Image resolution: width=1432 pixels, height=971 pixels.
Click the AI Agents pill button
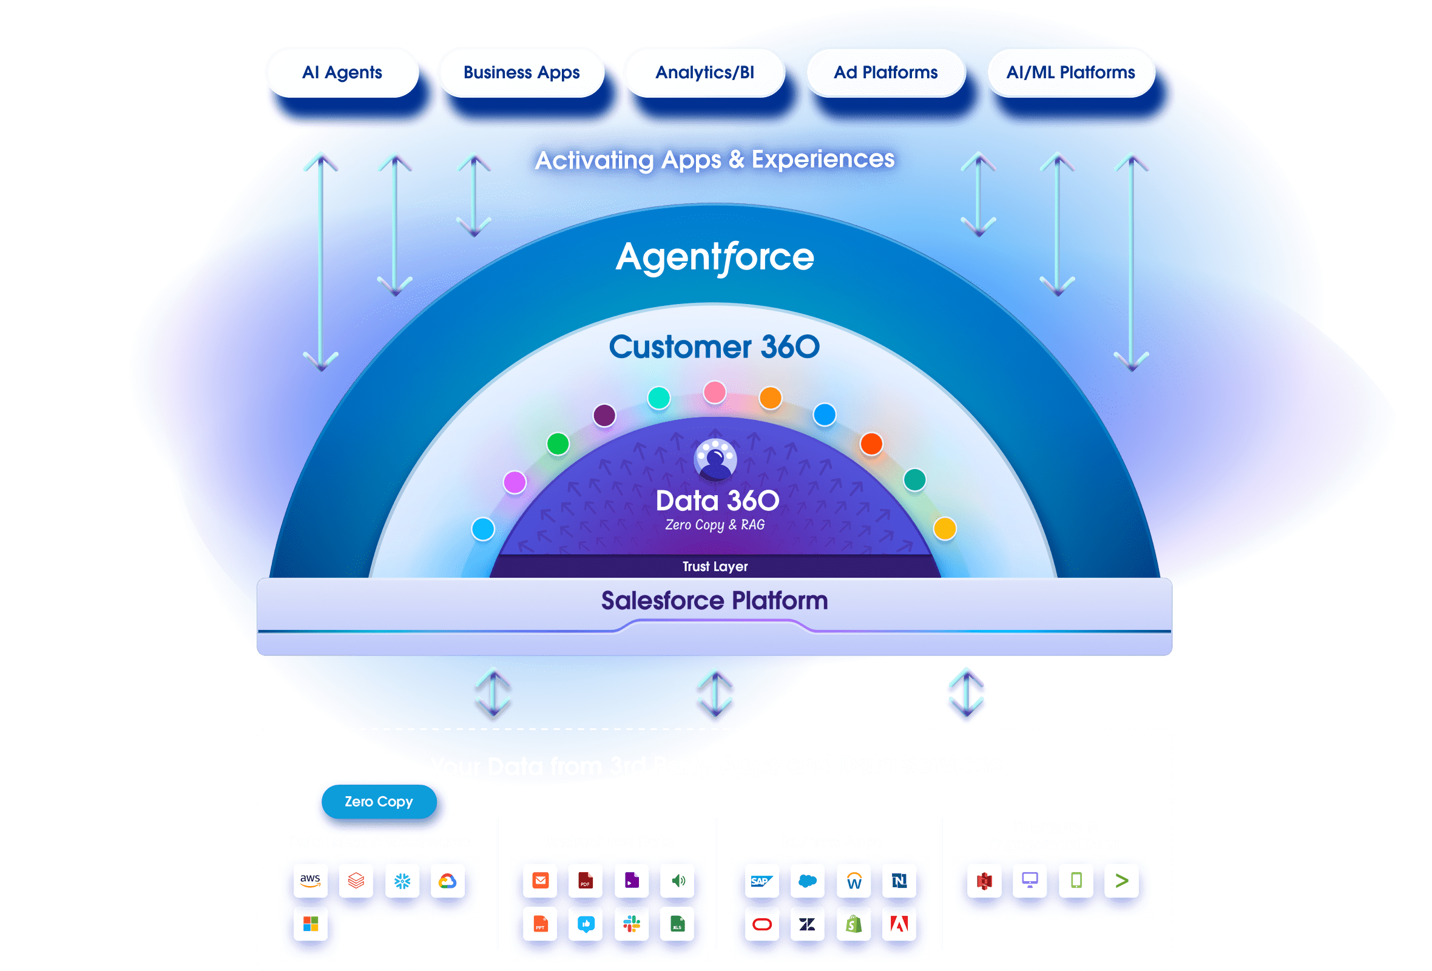(342, 73)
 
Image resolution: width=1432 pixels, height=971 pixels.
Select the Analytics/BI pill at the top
(704, 73)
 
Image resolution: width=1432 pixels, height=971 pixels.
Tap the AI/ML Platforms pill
(1070, 73)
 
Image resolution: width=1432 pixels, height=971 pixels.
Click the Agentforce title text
(715, 257)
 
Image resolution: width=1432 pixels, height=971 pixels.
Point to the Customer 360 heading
(714, 347)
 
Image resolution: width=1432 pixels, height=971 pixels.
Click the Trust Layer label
(715, 566)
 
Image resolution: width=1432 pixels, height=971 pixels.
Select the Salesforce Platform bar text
(714, 601)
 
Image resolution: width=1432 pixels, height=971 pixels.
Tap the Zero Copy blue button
(379, 802)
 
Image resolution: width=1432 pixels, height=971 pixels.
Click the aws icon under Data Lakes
(311, 881)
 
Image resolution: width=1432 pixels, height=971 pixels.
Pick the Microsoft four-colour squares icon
(311, 924)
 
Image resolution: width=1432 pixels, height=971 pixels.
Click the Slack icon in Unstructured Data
(632, 924)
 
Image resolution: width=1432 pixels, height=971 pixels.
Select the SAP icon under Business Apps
(762, 881)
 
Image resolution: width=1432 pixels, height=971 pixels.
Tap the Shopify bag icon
(853, 924)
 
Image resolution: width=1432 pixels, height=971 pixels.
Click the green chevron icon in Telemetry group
(1121, 881)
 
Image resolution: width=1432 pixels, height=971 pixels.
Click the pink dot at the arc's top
(715, 392)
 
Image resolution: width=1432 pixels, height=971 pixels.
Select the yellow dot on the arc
(945, 529)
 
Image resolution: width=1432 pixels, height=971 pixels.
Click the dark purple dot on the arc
(604, 415)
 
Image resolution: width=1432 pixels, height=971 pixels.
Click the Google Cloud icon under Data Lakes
(447, 881)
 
